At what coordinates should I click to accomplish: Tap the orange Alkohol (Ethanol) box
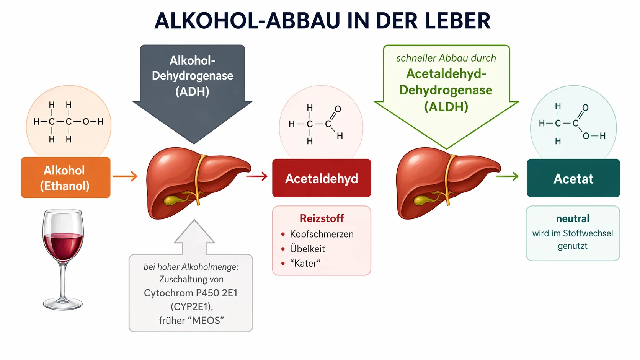[65, 178]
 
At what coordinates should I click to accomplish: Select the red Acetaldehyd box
[322, 178]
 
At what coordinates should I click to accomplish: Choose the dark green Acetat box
[573, 178]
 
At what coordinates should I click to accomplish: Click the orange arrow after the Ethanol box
[125, 176]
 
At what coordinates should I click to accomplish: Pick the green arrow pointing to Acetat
[507, 176]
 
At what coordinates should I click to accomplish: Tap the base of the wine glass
[63, 305]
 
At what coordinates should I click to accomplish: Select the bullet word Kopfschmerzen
[322, 234]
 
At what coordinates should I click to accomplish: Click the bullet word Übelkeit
[307, 249]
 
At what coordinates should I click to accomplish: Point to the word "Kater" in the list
[305, 263]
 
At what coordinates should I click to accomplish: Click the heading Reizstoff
[322, 218]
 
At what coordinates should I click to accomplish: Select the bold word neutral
[573, 218]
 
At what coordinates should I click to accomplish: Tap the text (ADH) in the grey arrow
[192, 92]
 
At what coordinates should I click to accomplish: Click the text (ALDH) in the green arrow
[446, 107]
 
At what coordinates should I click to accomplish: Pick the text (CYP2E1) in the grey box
[191, 306]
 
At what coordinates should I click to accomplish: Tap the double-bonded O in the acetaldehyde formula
[338, 109]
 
